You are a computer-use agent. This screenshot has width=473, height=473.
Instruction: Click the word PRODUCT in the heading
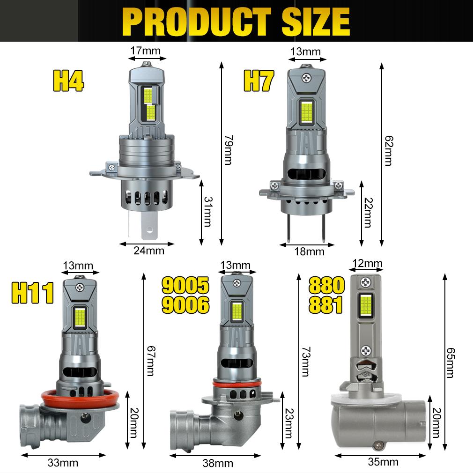tap(197, 22)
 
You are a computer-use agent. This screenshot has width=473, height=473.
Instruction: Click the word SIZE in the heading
tap(316, 22)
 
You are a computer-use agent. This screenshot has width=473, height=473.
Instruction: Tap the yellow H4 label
tap(68, 81)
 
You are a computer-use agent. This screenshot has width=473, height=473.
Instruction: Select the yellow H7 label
tap(259, 81)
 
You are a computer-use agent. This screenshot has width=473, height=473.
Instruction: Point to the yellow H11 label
tap(33, 293)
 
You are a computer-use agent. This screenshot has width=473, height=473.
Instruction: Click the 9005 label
tap(185, 285)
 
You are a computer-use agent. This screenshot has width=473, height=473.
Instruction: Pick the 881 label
tap(326, 305)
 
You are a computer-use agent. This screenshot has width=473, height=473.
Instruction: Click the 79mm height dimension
tap(229, 150)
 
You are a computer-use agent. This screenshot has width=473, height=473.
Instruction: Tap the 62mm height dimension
tap(389, 150)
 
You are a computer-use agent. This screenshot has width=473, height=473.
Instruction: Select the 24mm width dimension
tap(149, 251)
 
